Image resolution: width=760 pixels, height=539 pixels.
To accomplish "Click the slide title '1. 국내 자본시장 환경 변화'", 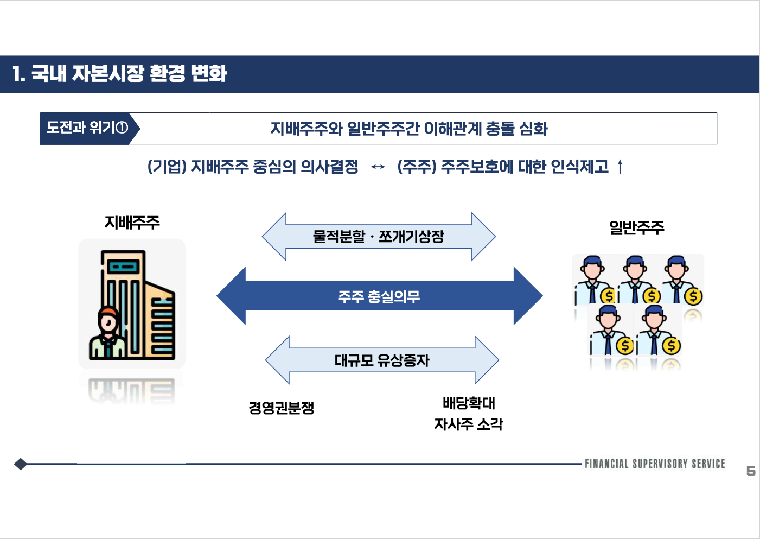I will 120,74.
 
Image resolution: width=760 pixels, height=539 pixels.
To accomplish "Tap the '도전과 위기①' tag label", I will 87,128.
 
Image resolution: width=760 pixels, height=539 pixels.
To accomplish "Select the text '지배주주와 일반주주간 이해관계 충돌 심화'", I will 409,129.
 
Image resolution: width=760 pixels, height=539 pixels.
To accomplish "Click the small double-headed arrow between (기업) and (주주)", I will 378,167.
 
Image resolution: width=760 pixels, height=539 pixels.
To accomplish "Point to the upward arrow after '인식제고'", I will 620,167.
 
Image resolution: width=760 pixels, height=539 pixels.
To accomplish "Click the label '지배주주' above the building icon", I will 132,223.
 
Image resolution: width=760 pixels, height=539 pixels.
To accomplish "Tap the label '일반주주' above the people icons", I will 636,227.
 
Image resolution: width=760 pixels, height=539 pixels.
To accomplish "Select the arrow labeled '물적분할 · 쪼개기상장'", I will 379,237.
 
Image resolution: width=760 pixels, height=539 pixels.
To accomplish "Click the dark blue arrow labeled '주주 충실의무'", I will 379,296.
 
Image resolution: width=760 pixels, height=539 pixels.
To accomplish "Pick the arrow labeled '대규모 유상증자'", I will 382,360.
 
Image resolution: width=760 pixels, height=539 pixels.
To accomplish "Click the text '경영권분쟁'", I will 281,408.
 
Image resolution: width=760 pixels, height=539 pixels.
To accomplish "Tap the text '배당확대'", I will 469,403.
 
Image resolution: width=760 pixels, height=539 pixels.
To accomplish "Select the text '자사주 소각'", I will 469,424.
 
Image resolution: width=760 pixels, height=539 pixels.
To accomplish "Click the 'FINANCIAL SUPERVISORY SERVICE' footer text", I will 654,464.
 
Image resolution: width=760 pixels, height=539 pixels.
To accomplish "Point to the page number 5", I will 751,471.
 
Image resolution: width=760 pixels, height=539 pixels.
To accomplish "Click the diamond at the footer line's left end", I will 21,464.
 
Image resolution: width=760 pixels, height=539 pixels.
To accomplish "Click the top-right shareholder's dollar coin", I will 693,296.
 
